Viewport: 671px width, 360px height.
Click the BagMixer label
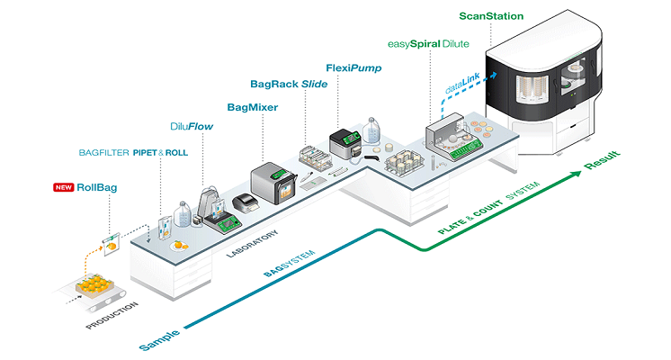pyautogui.click(x=252, y=107)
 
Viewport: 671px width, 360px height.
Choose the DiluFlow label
pyautogui.click(x=191, y=127)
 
